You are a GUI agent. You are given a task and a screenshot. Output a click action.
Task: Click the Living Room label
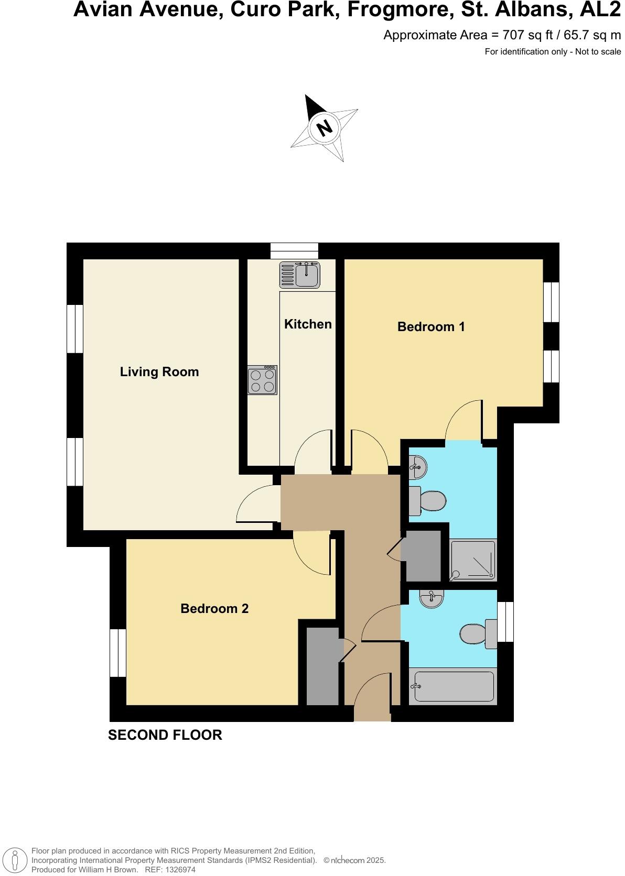159,372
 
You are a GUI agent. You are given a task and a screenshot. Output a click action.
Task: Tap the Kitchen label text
308,324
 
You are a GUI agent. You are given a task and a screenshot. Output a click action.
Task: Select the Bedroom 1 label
431,327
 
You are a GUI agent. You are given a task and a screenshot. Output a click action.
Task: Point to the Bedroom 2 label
214,609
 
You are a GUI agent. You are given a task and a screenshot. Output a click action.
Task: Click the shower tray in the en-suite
473,560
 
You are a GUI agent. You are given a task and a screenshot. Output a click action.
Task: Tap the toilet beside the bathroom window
477,634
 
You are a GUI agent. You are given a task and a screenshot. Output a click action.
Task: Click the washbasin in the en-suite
419,466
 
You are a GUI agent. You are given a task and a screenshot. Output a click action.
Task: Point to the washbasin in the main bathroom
432,599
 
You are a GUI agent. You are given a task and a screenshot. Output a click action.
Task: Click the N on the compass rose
325,127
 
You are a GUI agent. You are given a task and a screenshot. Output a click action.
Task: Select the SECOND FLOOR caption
165,735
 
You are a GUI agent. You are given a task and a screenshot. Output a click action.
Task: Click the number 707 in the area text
512,35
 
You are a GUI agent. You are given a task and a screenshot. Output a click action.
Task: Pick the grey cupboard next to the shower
423,556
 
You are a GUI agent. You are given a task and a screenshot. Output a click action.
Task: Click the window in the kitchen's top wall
294,251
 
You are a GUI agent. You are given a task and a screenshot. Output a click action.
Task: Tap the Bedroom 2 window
118,653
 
